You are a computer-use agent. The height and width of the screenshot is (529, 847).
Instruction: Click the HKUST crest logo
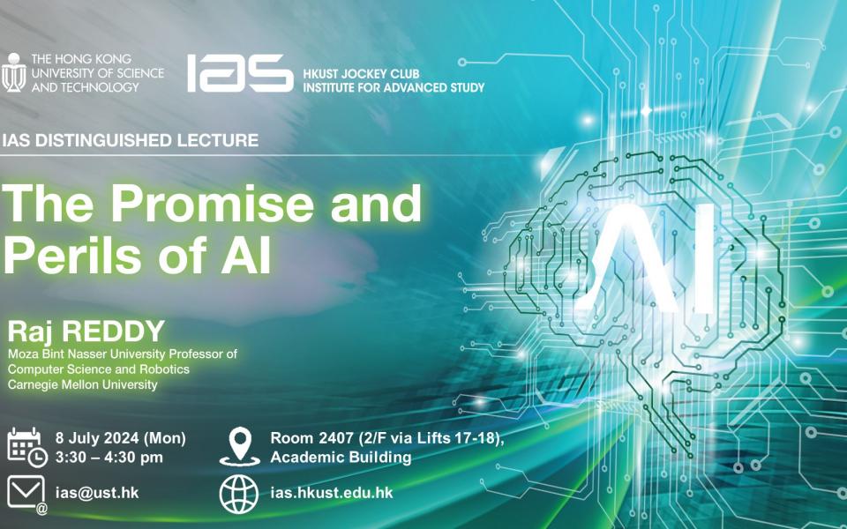pos(13,72)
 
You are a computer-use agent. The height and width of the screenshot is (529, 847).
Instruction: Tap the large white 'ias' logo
pos(240,72)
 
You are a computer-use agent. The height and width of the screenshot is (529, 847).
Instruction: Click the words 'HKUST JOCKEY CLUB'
pos(361,73)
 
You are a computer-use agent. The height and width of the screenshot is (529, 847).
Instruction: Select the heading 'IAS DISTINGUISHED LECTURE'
pos(131,140)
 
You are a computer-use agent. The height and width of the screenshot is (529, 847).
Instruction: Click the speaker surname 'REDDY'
pos(114,331)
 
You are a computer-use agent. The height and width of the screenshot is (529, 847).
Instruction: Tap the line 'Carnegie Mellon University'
pos(83,385)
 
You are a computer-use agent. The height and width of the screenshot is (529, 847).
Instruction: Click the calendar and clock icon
pos(27,447)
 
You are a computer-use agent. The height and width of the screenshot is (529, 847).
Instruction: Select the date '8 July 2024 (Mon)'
pos(121,438)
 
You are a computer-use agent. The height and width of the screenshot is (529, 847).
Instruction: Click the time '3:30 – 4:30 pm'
pos(109,458)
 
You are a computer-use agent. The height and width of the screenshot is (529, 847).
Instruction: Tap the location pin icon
pos(240,446)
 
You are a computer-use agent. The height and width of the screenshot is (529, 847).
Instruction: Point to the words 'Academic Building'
pos(341,458)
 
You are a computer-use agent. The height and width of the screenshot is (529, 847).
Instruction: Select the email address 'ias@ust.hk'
pos(97,493)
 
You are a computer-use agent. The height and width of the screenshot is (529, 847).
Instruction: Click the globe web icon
pos(239,494)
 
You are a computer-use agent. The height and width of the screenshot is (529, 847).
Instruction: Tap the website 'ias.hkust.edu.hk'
pos(332,493)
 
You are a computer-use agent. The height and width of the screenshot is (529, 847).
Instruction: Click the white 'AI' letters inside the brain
pos(651,258)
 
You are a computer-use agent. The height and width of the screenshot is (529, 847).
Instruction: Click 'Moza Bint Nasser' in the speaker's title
pos(57,354)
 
